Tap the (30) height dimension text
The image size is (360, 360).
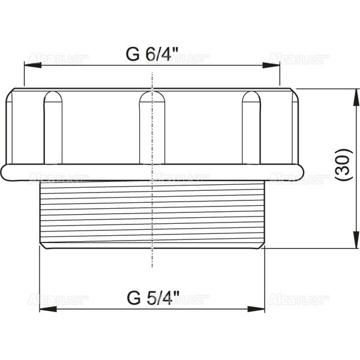point(343,166)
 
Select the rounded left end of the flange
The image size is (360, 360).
point(5,172)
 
